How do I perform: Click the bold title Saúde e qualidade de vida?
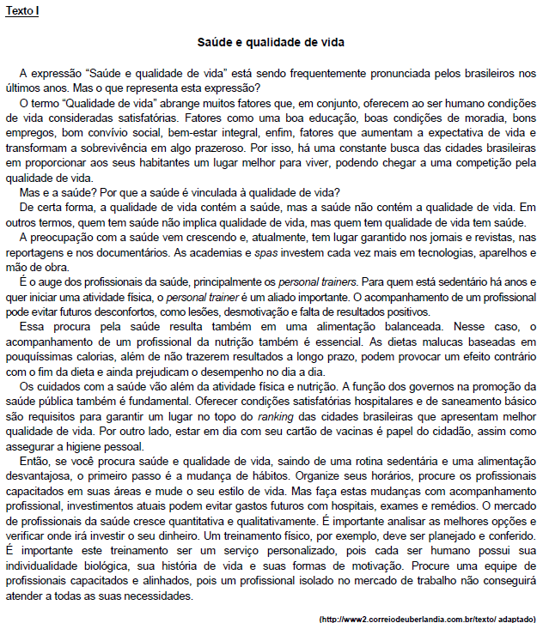coord(271,41)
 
